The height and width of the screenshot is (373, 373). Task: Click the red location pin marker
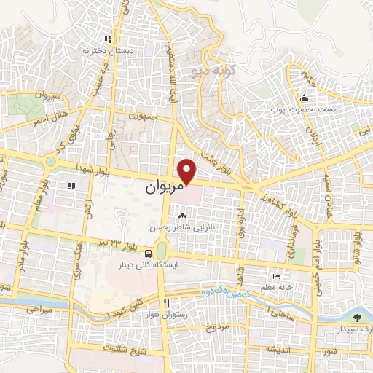click(188, 171)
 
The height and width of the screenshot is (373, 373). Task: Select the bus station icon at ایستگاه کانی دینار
click(149, 254)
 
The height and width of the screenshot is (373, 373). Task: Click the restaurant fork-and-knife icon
click(167, 303)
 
